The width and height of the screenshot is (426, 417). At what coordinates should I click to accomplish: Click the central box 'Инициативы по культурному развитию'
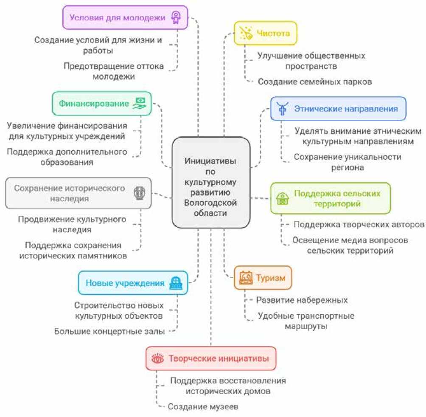click(x=210, y=183)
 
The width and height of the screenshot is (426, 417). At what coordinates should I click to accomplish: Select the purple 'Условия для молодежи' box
click(x=125, y=17)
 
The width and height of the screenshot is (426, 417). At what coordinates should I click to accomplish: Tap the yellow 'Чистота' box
click(x=266, y=33)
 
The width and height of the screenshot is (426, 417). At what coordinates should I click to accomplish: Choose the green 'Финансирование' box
click(x=101, y=103)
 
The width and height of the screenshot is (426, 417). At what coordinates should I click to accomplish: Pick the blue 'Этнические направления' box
click(x=338, y=108)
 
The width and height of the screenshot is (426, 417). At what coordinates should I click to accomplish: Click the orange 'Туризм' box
click(x=263, y=278)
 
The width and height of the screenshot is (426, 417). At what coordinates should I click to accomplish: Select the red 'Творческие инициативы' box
click(x=210, y=358)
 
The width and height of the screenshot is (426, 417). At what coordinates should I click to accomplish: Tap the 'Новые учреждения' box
click(x=133, y=283)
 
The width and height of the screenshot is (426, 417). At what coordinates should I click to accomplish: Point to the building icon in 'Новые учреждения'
click(x=175, y=283)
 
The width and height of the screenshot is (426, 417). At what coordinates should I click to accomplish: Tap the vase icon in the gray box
click(x=139, y=193)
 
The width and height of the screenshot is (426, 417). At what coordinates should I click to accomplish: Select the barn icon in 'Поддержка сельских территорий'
click(x=282, y=198)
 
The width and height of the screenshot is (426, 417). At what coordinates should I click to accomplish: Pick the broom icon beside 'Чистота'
click(x=246, y=33)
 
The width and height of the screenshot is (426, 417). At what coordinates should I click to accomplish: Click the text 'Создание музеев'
click(x=203, y=406)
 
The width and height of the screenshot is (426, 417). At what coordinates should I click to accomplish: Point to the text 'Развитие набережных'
click(x=302, y=300)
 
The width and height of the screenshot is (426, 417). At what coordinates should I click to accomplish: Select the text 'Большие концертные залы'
click(x=109, y=331)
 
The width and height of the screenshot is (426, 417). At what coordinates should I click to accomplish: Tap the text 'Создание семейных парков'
click(x=315, y=82)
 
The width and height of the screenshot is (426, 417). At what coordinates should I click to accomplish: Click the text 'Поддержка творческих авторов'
click(x=359, y=224)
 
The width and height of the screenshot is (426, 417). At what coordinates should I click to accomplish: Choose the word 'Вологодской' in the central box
click(x=210, y=203)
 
